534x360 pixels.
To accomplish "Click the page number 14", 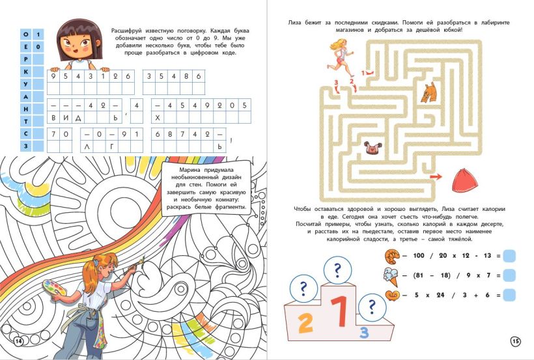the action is pos(18,341).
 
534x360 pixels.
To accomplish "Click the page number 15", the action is pos(516,341).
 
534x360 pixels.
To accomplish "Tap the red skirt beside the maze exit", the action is pos(464,180).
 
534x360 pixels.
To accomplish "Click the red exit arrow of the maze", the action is pos(436,176).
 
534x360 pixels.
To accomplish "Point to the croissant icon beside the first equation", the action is pos(392,256).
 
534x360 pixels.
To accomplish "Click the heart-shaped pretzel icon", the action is pos(392,295).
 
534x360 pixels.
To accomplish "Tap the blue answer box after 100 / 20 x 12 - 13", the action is pos(509,256).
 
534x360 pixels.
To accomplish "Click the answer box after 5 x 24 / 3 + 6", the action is pos(509,295).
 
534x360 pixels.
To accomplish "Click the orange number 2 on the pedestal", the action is pos(305,322).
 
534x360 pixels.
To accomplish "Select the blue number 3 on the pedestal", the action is pos(364,332).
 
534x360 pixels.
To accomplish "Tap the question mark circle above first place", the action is pos(337,270).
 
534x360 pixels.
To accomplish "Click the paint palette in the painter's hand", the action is pos(55,289).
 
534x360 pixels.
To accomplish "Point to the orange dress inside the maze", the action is pos(429,92).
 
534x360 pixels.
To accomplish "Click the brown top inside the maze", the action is pos(373,149).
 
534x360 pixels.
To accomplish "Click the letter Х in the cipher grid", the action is pos(158,118).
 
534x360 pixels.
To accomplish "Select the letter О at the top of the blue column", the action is pos(26,34).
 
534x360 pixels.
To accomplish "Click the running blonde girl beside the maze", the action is pos(341,58).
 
